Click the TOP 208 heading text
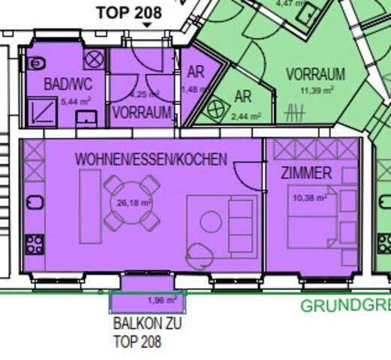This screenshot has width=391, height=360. (129, 12)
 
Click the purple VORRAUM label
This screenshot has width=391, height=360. (141, 113)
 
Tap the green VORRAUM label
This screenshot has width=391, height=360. (315, 74)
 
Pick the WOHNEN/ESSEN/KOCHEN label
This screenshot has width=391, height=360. (151, 160)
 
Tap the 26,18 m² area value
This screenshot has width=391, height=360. (134, 202)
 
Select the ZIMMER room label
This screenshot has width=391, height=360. (306, 173)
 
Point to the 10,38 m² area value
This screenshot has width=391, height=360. (309, 198)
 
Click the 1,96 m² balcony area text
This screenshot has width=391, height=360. (161, 301)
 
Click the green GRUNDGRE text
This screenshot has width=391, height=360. (345, 306)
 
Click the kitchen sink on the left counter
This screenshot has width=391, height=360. (35, 202)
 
